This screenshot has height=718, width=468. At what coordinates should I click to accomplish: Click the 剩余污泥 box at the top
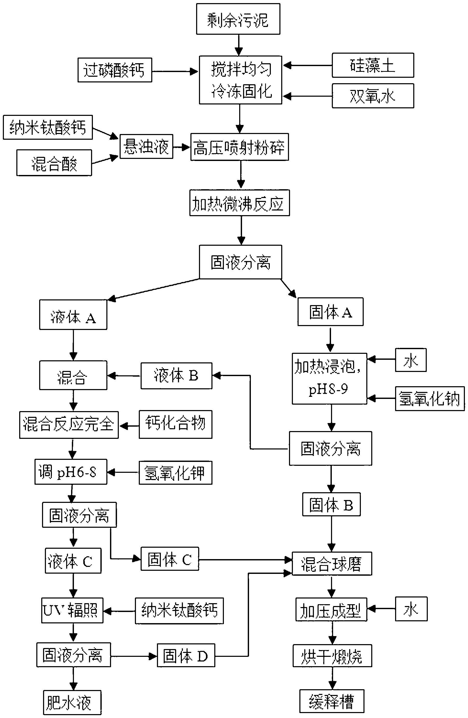pos(238,19)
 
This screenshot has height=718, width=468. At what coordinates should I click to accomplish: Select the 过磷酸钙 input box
pos(115,70)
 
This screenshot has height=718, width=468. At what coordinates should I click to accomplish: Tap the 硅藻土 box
pos(373,65)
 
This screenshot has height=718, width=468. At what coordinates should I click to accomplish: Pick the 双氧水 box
pos(373,96)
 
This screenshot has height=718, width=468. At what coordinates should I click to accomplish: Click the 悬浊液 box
pos(146,146)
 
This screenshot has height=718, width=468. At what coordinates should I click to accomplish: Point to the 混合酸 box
pos(54,163)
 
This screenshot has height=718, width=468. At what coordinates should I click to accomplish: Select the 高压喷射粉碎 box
pos(239,147)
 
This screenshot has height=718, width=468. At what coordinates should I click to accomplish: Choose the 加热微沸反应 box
pos(239,203)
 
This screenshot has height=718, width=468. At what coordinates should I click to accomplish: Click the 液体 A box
pos(73,315)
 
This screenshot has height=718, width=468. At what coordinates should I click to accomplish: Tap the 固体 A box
pos(330,312)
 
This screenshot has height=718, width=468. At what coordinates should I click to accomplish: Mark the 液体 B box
pos(176,376)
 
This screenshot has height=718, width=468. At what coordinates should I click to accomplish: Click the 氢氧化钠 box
pos(430,398)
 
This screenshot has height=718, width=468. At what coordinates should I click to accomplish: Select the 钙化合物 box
pos(175,424)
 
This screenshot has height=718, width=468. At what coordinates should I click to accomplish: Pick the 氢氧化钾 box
pos(175,473)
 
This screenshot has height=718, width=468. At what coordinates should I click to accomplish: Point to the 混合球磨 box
pos(332,564)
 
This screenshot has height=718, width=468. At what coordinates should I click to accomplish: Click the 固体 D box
pos(186,655)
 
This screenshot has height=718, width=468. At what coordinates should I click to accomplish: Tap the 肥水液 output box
pos(72,702)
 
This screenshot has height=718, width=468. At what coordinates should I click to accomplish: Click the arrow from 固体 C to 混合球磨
pos(245,560)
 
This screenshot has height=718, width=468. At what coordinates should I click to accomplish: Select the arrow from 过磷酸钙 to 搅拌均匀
pos(175,72)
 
